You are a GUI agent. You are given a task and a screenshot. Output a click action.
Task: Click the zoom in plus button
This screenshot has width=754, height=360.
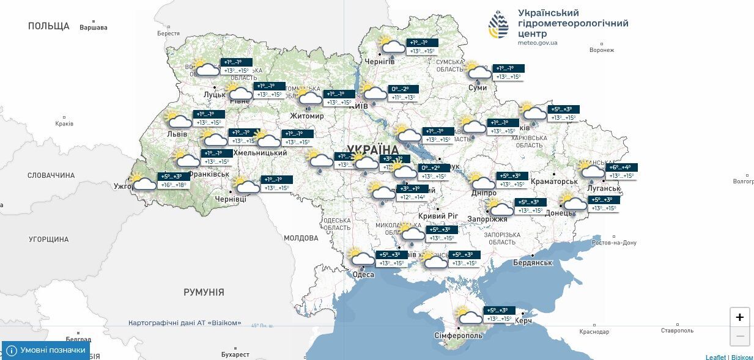click(x=739, y=317)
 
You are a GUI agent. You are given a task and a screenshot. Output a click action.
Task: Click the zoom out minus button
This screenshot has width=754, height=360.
click(x=739, y=336)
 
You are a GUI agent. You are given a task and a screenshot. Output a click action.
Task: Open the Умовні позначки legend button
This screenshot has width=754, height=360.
click(x=45, y=350)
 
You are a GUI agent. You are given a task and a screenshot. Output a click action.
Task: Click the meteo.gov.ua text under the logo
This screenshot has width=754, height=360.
click(x=537, y=43)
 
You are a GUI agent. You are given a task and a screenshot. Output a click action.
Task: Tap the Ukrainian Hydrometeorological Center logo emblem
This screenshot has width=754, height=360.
click(x=498, y=25)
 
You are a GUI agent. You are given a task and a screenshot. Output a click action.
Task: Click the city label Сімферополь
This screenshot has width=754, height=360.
click(x=459, y=336)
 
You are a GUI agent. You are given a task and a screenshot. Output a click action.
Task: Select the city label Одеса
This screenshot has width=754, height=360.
click(x=363, y=274)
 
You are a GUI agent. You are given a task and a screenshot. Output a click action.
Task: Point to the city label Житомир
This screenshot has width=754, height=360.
click(x=307, y=116)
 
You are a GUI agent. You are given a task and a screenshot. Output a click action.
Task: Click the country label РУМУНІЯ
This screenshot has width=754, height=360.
click(x=204, y=292)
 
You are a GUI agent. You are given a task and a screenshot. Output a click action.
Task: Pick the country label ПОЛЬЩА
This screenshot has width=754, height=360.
click(x=49, y=26)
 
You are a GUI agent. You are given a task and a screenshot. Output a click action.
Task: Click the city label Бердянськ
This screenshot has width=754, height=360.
click(x=533, y=263)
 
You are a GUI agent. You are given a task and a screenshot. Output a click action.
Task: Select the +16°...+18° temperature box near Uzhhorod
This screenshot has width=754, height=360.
click(x=173, y=185)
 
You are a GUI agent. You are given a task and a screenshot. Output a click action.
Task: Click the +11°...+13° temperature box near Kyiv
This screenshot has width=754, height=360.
click(x=403, y=98)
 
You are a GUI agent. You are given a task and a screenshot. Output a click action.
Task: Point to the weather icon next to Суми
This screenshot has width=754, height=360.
click(x=478, y=72)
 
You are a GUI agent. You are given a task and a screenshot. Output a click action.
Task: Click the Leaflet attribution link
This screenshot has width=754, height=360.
click(x=715, y=357)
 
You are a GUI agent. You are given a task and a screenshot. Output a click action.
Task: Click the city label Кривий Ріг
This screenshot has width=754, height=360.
click(x=438, y=216)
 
